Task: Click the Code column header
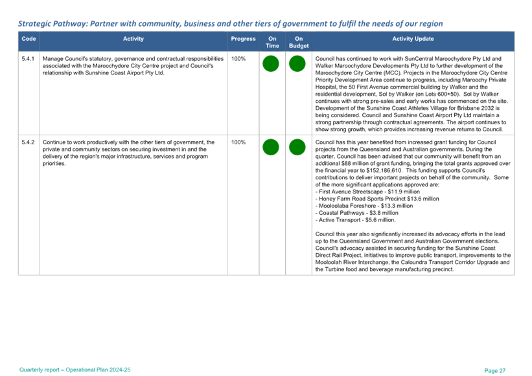point(29,39)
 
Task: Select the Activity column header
point(133,39)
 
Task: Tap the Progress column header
point(243,39)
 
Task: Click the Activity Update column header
point(413,39)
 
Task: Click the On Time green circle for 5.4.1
point(271,64)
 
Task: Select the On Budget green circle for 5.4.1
point(297,64)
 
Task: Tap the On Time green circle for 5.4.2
point(271,147)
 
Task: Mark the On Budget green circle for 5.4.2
point(297,147)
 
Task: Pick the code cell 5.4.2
point(28,140)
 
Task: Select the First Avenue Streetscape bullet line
point(353,192)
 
